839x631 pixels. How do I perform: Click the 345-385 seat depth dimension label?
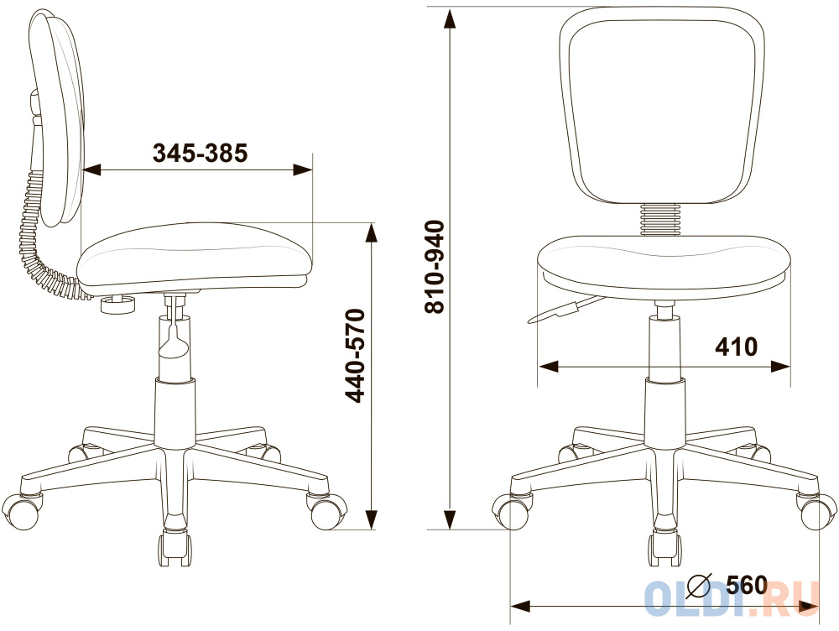tap(201, 153)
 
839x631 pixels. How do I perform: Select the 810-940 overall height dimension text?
tap(435, 266)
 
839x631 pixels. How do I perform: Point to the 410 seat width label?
tap(737, 347)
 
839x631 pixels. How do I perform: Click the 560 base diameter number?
tap(747, 586)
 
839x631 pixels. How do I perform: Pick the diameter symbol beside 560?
tap(699, 587)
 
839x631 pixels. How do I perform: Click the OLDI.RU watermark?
tap(732, 597)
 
